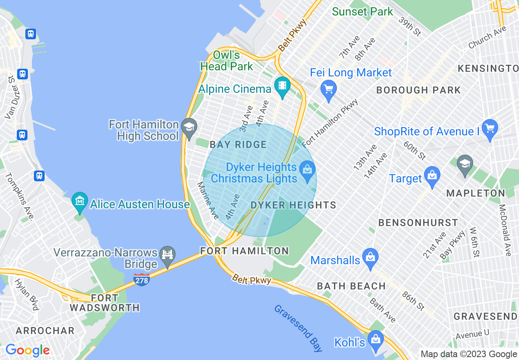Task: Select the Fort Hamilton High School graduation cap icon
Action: [x=189, y=126]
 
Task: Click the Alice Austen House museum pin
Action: [x=79, y=201]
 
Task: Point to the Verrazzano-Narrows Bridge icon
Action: [x=167, y=256]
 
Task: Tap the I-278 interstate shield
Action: [x=141, y=280]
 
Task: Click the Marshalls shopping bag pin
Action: [x=370, y=257]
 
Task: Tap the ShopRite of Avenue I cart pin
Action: [x=490, y=128]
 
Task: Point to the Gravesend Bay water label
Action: [x=298, y=328]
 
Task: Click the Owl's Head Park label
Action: [x=226, y=60]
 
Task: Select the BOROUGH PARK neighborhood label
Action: [x=418, y=90]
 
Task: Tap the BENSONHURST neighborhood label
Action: [x=418, y=223]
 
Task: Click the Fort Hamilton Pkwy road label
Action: [x=330, y=123]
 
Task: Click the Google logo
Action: [x=27, y=350]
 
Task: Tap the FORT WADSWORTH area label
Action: [x=104, y=303]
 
